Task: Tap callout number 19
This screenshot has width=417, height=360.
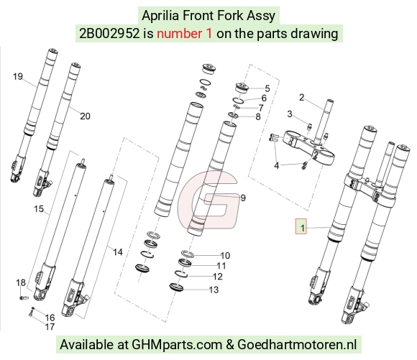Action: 18,77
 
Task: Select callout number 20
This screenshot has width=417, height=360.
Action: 85,116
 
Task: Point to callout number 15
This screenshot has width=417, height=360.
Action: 39,208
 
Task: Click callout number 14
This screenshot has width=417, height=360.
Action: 118,252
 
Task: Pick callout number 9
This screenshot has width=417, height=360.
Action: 243,198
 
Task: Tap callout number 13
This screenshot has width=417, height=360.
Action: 214,290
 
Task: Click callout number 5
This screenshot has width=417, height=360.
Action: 267,88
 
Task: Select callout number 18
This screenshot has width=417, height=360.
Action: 21,282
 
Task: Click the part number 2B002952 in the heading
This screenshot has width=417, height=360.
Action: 109,34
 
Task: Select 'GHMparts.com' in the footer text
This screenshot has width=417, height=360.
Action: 177,345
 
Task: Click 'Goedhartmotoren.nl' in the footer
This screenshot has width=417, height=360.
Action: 297,345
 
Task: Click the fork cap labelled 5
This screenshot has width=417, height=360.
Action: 242,88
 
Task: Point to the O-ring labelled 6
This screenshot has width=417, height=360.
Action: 238,101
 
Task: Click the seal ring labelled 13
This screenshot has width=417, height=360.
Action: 176,287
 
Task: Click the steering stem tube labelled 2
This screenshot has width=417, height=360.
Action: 324,119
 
